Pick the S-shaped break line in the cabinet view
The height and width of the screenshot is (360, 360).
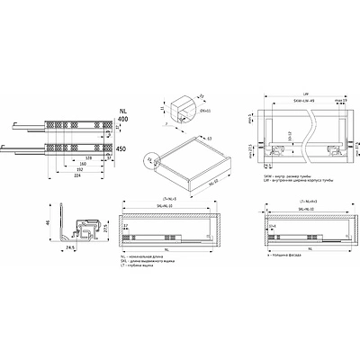(x=307, y=135)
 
